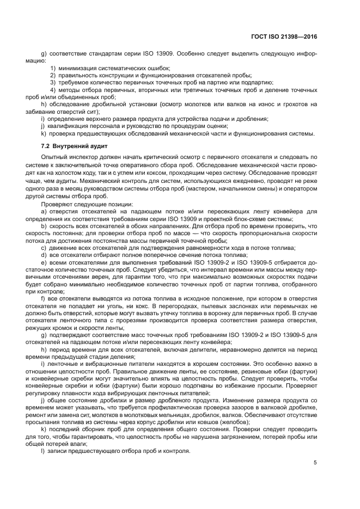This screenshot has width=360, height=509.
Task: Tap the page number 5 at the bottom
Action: [x=315, y=463]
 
